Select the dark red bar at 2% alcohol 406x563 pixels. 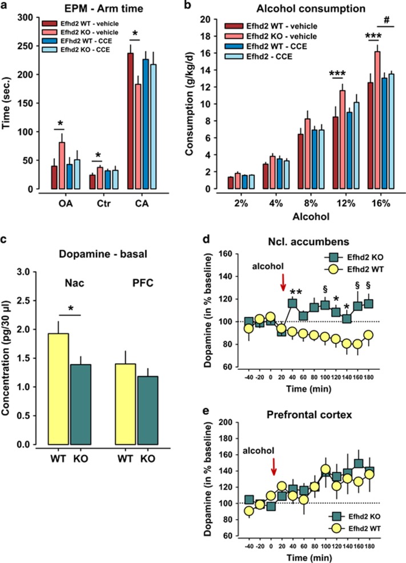point(231,182)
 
